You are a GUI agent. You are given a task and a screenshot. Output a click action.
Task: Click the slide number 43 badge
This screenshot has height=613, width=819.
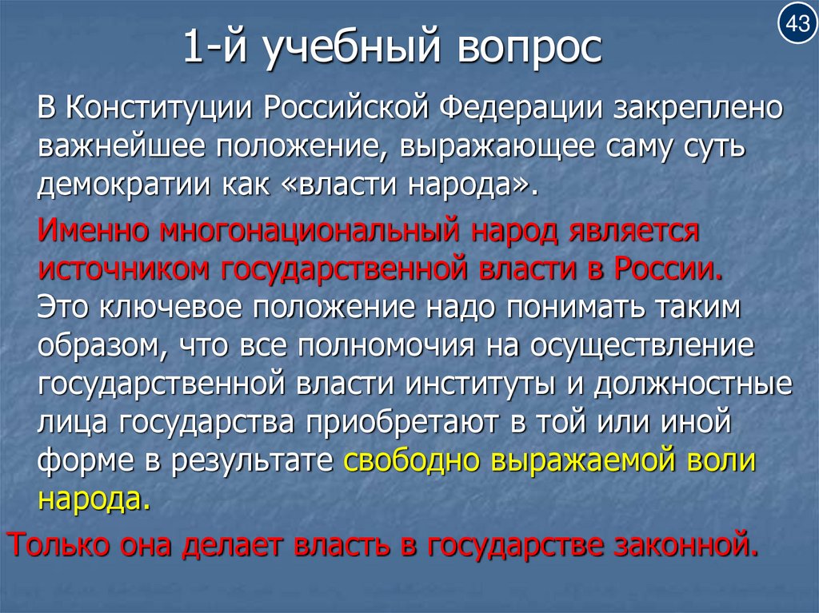pyautogui.click(x=797, y=25)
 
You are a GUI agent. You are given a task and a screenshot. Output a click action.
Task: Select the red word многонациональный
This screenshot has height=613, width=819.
pyautogui.click(x=308, y=231)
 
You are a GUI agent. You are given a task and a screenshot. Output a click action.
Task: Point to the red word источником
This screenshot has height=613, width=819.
pyautogui.click(x=120, y=269)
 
